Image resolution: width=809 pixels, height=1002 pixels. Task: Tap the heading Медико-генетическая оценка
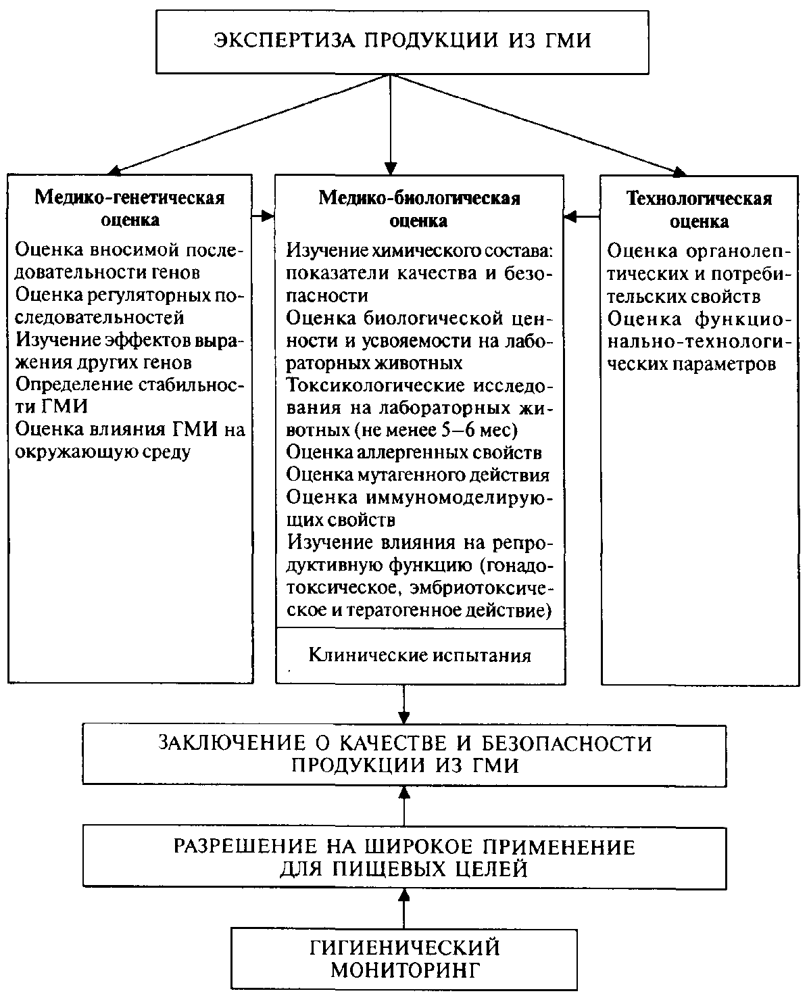pos(130,209)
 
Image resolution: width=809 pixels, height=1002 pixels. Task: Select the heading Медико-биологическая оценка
pos(419,209)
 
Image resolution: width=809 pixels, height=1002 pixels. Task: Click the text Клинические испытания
pos(419,654)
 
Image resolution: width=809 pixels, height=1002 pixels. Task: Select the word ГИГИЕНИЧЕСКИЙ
pos(404,947)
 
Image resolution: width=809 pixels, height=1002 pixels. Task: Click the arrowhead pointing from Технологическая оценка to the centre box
pos(571,217)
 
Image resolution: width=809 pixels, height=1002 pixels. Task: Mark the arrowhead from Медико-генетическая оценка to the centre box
pos(268,216)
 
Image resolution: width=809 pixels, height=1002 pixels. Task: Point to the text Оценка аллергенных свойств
pos(414,451)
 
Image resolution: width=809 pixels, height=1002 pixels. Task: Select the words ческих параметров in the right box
pos(691,363)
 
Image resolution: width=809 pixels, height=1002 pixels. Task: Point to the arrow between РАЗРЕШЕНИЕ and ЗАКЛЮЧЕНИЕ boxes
pos(404,805)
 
